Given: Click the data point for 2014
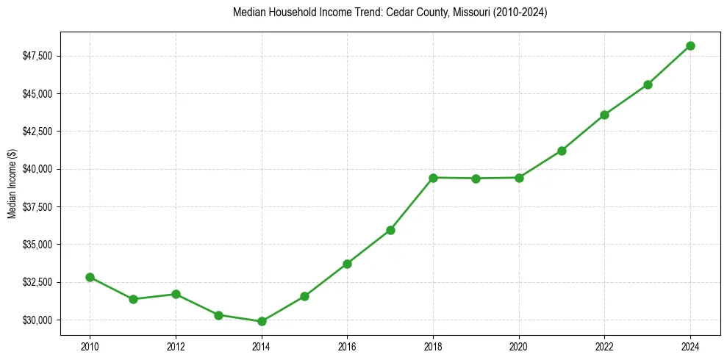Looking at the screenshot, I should point(262,321).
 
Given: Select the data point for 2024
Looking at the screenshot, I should point(690,46).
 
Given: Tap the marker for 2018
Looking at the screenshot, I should point(433,178).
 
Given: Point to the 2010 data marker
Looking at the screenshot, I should point(90,277).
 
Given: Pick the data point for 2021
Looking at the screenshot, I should point(562,151).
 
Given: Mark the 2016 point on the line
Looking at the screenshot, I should point(347,264).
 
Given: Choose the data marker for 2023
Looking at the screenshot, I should point(648,84).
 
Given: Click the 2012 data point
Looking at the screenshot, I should point(176,294).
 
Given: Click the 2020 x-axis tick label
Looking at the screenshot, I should point(519,345).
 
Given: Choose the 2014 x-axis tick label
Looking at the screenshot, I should point(262,345).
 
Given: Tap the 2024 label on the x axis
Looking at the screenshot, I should point(690,345).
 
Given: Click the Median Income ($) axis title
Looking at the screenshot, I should point(12,183).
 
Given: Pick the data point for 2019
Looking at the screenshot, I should point(476,179).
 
